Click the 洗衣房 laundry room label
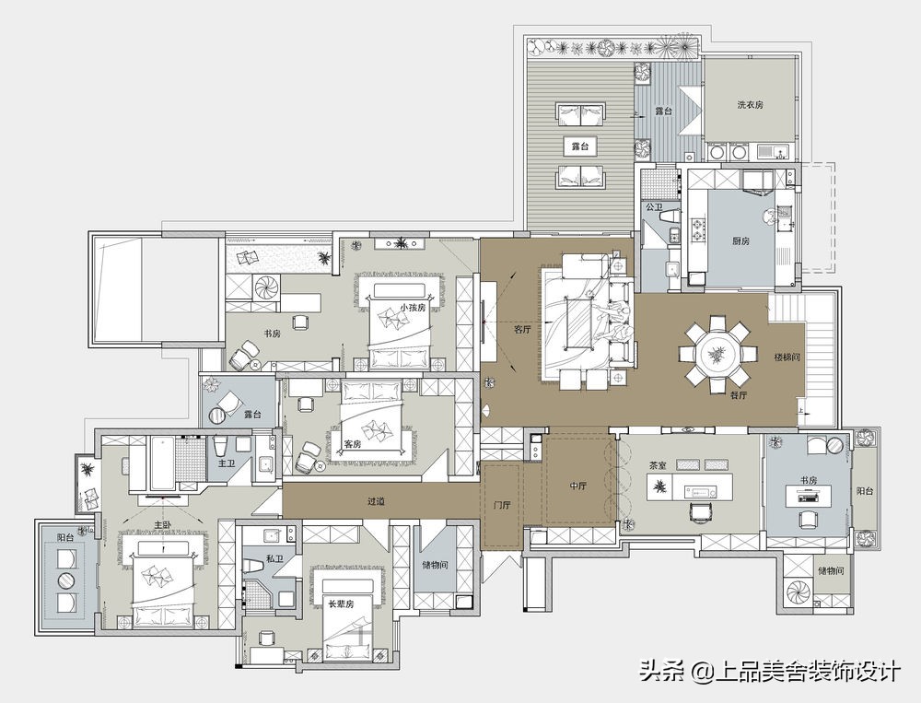[x=751, y=105]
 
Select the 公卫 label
[x=654, y=208]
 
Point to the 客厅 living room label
[x=522, y=328]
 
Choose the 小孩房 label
[x=414, y=308]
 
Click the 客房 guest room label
[x=352, y=443]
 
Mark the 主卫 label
[x=226, y=463]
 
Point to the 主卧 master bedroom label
[x=162, y=524]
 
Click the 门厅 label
[x=502, y=505]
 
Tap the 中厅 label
[x=577, y=486]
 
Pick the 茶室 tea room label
[x=659, y=466]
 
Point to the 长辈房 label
[x=341, y=603]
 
